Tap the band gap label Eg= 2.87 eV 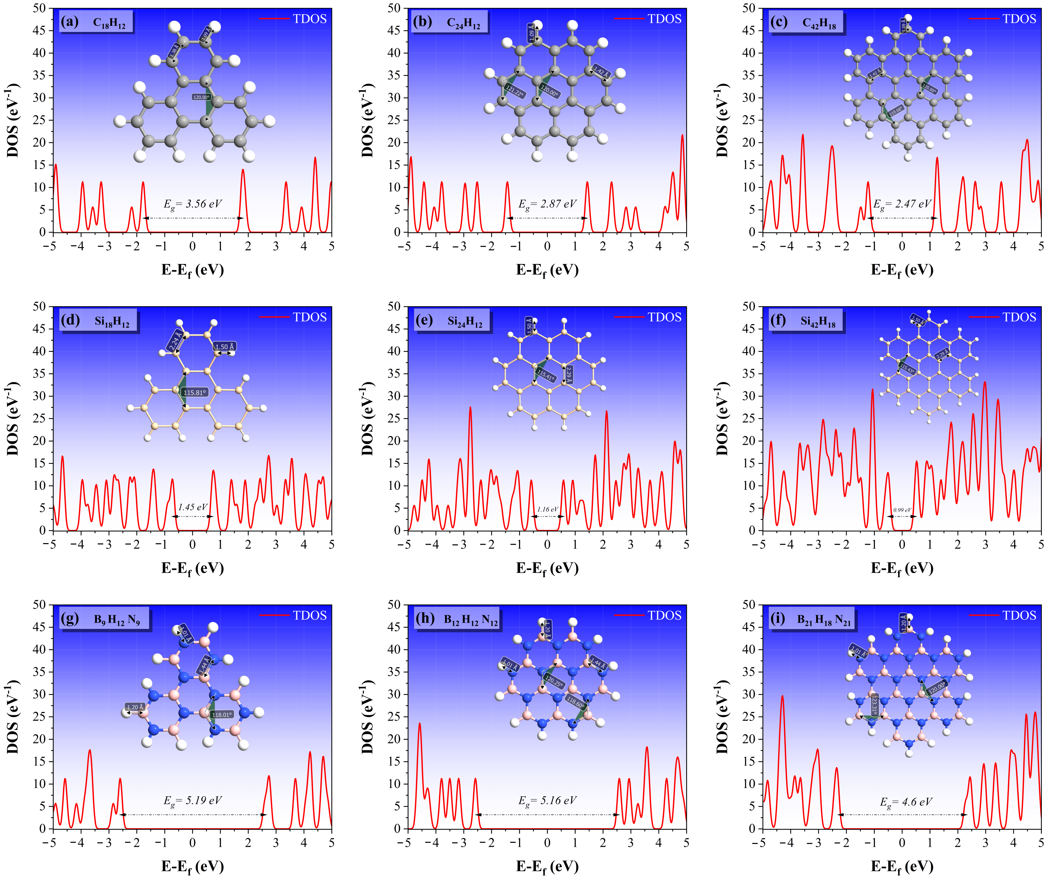(x=547, y=204)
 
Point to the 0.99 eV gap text (x=902, y=510)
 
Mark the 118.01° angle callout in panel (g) (x=222, y=715)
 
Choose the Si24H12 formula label (x=465, y=322)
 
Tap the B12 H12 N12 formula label (x=470, y=620)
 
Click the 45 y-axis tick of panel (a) (x=39, y=30)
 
